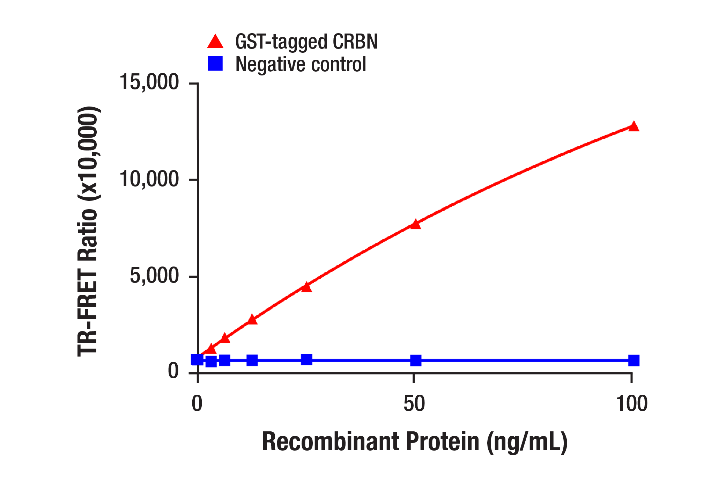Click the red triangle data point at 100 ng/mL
tap(634, 126)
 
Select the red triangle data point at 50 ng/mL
tap(415, 224)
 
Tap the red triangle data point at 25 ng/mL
tap(306, 287)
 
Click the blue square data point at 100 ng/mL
tap(634, 360)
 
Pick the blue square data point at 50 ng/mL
tap(415, 360)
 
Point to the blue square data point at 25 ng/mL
tap(306, 359)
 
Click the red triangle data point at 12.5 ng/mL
tap(252, 320)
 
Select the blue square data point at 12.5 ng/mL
tap(252, 360)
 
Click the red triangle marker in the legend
tap(215, 42)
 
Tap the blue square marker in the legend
tap(215, 64)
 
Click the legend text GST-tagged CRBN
tap(306, 42)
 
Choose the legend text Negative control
tap(301, 64)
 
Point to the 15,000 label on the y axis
tap(149, 82)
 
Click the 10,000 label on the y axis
tap(149, 179)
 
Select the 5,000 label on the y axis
tap(154, 276)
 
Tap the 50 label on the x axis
tap(414, 403)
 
